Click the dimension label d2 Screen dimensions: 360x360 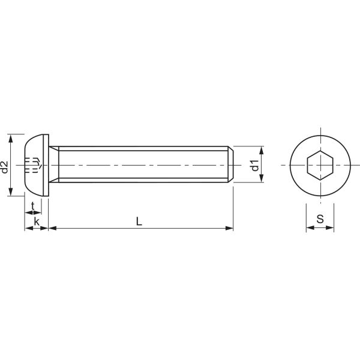[x=5, y=166]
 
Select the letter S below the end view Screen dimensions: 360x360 [x=320, y=220]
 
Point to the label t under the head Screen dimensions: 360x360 [x=32, y=205]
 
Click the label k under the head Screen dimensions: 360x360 [x=37, y=221]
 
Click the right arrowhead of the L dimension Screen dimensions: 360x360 [x=229, y=228]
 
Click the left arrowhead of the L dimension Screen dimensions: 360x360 [x=52, y=228]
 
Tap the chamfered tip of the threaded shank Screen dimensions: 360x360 [x=230, y=164]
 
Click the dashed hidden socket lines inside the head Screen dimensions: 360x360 [x=34, y=164]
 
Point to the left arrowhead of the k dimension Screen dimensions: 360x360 [x=28, y=228]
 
